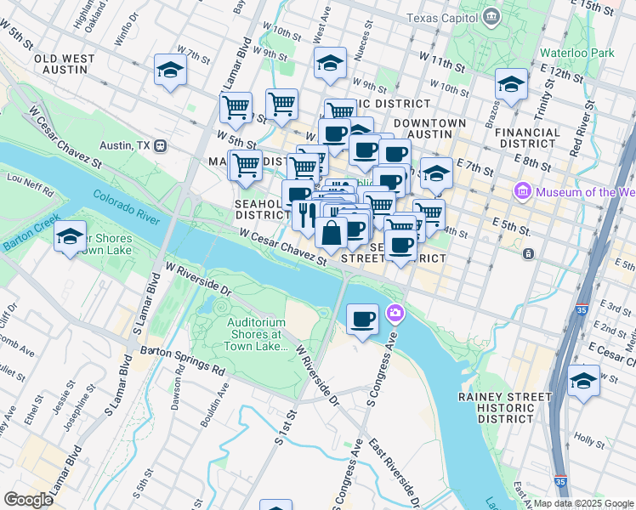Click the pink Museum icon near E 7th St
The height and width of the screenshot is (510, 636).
pos(523,192)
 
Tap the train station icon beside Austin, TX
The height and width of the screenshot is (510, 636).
pos(159,145)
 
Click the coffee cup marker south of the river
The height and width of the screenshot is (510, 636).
pos(363,320)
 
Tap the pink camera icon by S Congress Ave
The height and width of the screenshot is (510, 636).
pos(395,314)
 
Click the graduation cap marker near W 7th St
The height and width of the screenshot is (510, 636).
pos(171,71)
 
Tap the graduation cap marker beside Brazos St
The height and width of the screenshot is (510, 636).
pos(510,84)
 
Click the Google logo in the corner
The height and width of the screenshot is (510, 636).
pos(28,500)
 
